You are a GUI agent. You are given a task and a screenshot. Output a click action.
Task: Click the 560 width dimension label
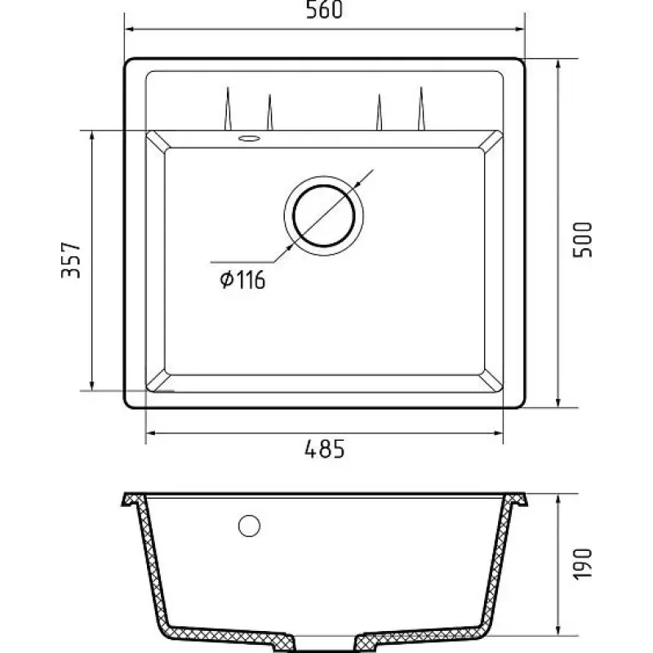(x=324, y=10)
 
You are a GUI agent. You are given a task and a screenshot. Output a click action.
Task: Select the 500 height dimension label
(x=582, y=240)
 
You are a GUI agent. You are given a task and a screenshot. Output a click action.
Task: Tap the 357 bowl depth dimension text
(x=71, y=260)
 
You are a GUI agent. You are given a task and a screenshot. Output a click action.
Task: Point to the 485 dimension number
(x=325, y=449)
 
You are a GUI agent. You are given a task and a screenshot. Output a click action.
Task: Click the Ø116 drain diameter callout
(x=242, y=279)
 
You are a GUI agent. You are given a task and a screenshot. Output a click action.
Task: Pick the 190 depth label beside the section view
(x=582, y=564)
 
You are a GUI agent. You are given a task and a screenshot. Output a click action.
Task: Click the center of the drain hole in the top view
(x=324, y=215)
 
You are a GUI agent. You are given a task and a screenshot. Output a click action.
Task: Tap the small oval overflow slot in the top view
(x=250, y=138)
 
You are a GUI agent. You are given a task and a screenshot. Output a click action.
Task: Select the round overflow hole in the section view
(x=250, y=526)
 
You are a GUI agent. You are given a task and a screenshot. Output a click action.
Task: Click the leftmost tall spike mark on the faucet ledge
(x=228, y=109)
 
